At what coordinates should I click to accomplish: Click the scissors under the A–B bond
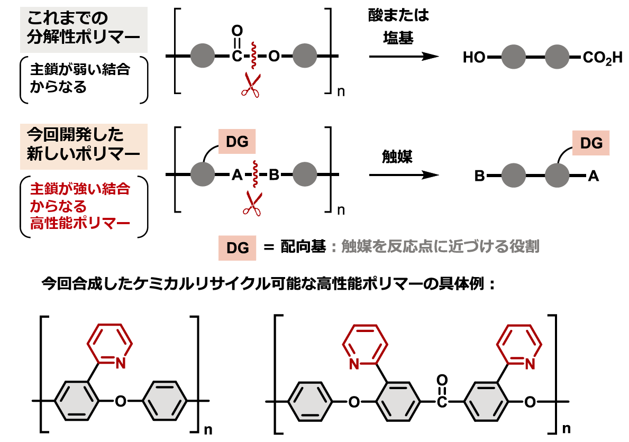(x=252, y=203)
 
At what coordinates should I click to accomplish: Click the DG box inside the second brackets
(x=237, y=142)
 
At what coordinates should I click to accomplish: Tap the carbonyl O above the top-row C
(x=236, y=30)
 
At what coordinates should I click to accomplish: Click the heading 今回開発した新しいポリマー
(x=84, y=145)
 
